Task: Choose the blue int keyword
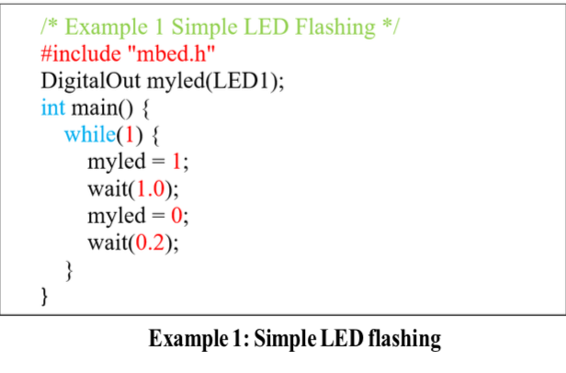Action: [x=52, y=107]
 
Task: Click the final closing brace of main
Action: [x=45, y=296]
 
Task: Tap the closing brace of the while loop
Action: [x=68, y=270]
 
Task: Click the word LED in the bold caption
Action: [x=339, y=340]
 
